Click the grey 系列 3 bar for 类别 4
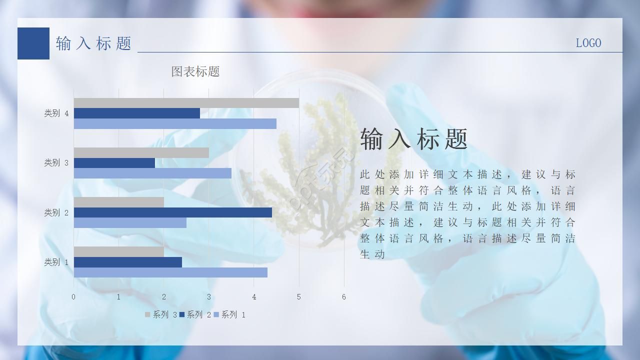coord(186,103)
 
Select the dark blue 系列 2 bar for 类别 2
coord(172,212)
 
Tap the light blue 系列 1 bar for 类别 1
coord(170,272)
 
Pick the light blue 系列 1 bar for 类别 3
coord(152,173)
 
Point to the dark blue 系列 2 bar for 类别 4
coord(136,113)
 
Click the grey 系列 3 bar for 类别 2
coord(118,202)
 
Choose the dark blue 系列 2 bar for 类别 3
coord(114,163)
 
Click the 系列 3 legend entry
coord(161,314)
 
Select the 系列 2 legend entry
coord(195,314)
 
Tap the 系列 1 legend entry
coord(229,314)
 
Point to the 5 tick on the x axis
coord(299,297)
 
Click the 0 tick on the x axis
coord(73,297)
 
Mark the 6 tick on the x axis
coord(344,297)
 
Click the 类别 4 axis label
coord(56,113)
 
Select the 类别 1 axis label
coord(56,262)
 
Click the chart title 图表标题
coord(195,71)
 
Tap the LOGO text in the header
coord(588,43)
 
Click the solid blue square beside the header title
coord(33,43)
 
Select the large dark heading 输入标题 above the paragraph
coord(414,138)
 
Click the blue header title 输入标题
coord(93,43)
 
